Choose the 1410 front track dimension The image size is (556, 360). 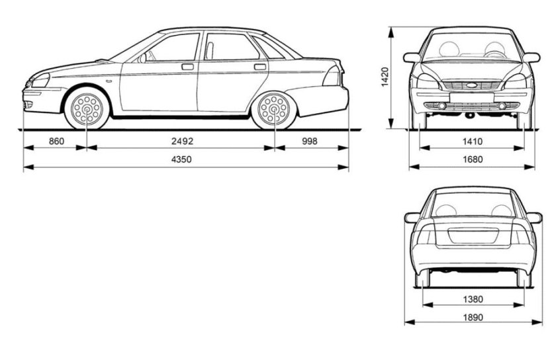coord(473,141)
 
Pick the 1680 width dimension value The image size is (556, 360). coord(473,159)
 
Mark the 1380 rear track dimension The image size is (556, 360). coord(473,299)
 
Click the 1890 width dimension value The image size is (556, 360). coord(473,318)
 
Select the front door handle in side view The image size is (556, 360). coord(187,66)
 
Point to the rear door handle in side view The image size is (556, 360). coord(259,66)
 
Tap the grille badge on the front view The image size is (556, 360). coord(472,85)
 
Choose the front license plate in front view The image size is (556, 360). coord(472,97)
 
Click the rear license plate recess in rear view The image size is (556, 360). coord(473,237)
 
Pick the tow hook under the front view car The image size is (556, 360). coord(469,115)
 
